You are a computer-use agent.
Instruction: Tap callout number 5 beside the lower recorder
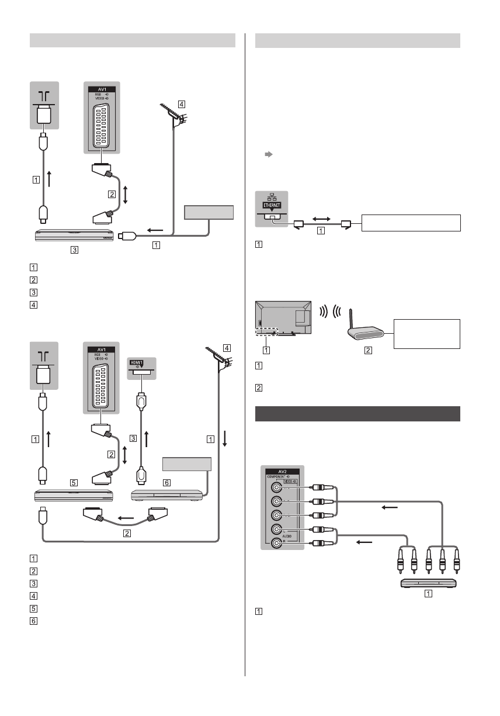coord(74,483)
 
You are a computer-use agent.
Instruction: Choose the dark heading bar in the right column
coord(358,413)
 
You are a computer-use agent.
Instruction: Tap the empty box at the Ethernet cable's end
coord(411,223)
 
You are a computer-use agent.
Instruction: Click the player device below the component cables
coord(428,583)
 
